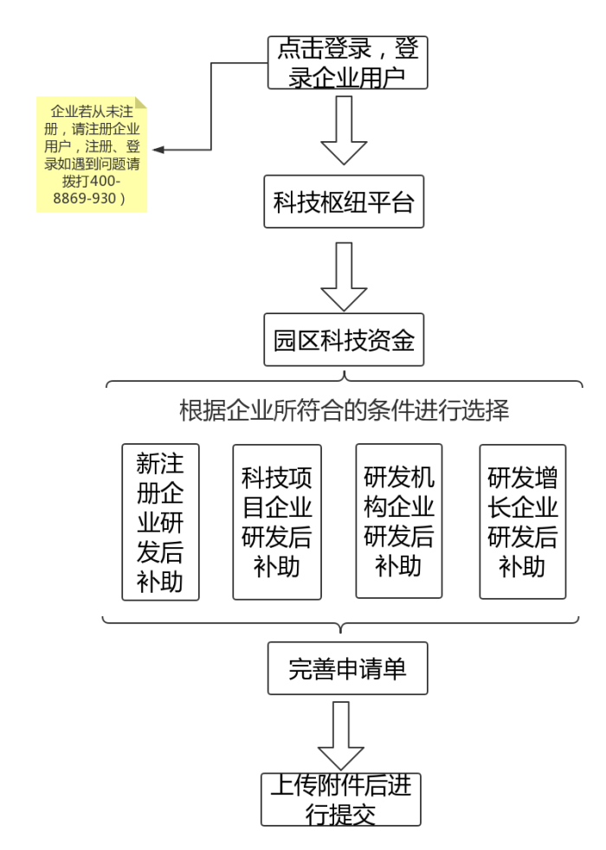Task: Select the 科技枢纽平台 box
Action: (344, 204)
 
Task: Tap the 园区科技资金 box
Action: (344, 339)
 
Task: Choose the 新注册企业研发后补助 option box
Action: (160, 522)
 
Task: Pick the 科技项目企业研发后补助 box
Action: (277, 522)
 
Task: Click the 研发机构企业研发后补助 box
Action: (399, 522)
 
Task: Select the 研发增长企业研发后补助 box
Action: (523, 522)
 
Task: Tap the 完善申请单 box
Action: (347, 668)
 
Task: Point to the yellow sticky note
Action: (92, 155)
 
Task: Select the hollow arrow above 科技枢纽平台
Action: (344, 130)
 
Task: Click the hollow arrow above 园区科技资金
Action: (344, 275)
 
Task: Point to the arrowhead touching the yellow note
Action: (159, 150)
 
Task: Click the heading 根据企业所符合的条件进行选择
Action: (344, 411)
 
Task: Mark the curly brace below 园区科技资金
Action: (344, 382)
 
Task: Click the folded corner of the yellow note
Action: (141, 104)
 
